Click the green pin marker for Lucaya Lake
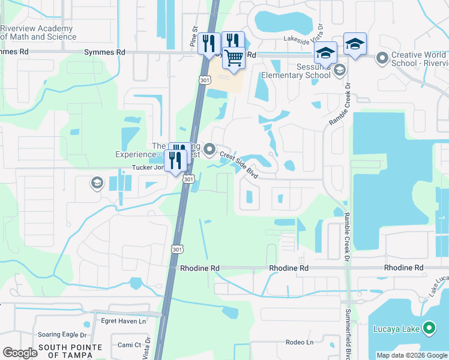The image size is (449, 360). point(429,328)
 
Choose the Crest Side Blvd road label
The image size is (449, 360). point(238,166)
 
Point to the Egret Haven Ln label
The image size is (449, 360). point(124,322)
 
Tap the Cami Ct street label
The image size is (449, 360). point(129,345)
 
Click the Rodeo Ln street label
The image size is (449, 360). point(300,343)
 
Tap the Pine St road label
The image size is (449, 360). point(193,37)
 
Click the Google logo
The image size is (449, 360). point(20,353)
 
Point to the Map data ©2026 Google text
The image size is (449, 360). point(411,355)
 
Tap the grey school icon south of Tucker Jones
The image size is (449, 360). point(97,183)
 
